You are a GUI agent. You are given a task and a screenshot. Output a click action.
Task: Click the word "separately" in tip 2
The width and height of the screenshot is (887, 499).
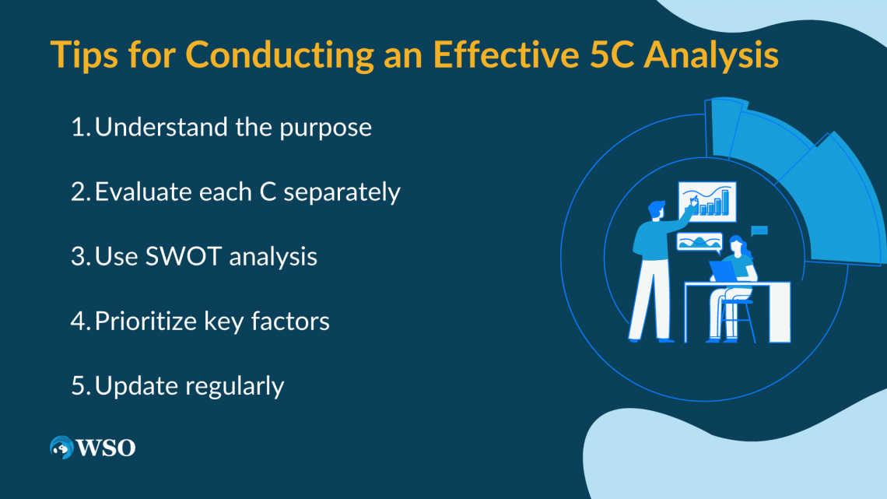pos(342,192)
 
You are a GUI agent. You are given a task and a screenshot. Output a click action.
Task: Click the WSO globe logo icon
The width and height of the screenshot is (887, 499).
pos(61,448)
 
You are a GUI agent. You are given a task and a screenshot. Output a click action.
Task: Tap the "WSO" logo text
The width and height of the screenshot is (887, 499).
pos(106,448)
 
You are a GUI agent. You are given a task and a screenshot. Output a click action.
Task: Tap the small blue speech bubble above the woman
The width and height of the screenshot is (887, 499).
pos(759,230)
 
